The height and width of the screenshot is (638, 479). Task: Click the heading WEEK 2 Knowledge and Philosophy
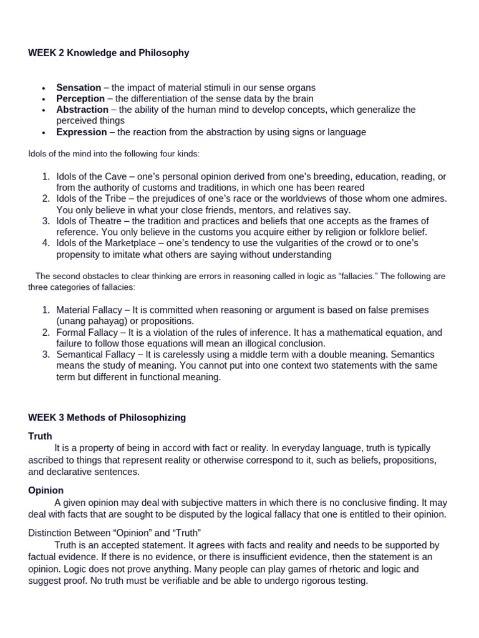point(109,53)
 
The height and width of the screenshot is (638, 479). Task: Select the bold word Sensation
point(79,88)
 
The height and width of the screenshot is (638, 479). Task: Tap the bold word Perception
point(80,98)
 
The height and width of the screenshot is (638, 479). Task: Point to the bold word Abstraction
point(82,110)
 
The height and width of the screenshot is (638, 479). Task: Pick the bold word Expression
point(82,132)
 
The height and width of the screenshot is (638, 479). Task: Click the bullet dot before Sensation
point(43,88)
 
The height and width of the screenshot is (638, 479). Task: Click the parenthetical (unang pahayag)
point(90,321)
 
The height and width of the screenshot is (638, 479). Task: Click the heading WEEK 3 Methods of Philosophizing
point(107,417)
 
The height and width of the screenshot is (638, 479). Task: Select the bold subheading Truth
point(40,436)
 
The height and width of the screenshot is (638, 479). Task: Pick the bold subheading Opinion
point(46,490)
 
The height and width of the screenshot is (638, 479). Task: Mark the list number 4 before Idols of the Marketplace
point(46,244)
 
